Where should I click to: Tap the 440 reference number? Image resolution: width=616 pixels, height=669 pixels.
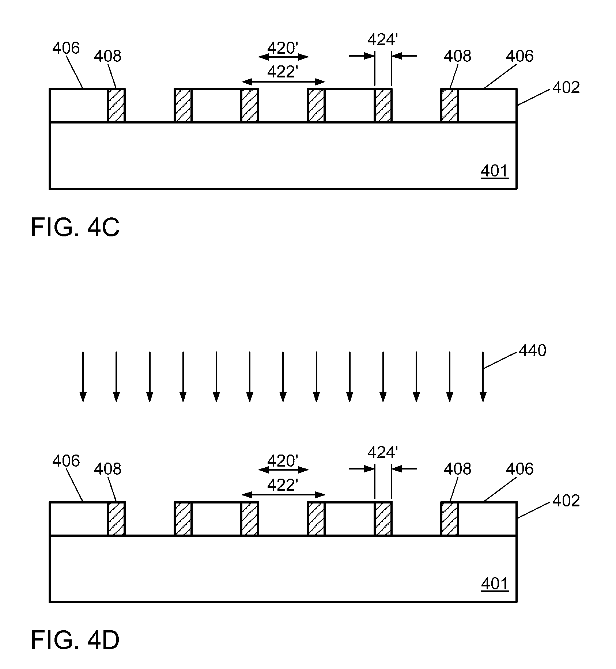click(x=532, y=350)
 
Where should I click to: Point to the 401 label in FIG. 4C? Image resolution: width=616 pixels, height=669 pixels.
click(x=495, y=171)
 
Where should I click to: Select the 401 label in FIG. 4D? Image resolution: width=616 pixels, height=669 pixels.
click(x=495, y=584)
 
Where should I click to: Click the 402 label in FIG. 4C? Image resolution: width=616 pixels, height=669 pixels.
click(x=566, y=88)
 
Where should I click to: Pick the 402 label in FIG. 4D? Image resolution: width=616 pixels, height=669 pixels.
click(x=566, y=501)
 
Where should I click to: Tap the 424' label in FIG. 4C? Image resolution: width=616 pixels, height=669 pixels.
click(x=382, y=40)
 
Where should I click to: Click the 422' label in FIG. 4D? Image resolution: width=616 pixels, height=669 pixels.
click(x=283, y=485)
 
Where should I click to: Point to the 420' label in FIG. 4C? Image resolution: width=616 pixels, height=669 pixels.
click(x=283, y=48)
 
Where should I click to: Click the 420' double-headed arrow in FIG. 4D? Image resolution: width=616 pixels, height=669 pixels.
click(x=283, y=470)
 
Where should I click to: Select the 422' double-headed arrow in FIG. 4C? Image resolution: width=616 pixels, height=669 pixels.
click(x=283, y=81)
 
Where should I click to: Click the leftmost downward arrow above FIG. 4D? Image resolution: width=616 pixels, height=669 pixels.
click(x=83, y=376)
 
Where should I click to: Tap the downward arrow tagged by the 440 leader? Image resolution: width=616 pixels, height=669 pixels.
click(x=483, y=376)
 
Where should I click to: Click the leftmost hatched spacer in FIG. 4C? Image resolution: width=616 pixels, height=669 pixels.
click(x=116, y=105)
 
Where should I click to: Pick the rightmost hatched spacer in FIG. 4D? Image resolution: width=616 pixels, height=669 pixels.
click(x=450, y=518)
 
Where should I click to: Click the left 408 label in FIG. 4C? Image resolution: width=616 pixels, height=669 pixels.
click(x=107, y=56)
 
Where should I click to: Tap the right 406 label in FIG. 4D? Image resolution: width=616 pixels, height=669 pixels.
click(x=519, y=469)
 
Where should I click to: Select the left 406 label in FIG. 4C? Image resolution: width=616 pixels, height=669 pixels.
click(x=66, y=48)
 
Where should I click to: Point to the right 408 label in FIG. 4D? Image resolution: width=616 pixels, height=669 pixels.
click(x=457, y=469)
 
